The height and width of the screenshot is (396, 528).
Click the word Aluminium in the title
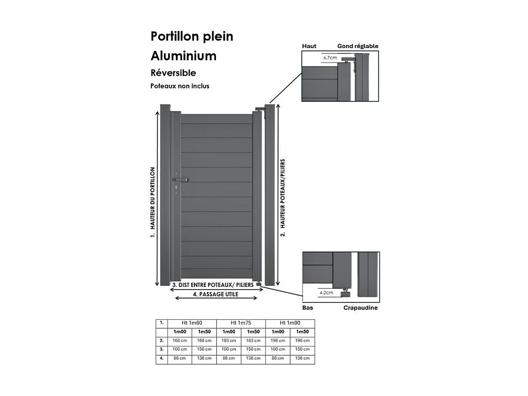click(x=183, y=56)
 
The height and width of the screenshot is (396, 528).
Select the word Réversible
click(x=173, y=73)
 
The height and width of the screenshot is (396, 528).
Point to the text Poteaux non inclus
click(x=180, y=86)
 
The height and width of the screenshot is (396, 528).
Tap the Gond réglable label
click(x=358, y=46)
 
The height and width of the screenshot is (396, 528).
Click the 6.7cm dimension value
click(x=330, y=57)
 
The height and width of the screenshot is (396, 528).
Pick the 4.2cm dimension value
click(x=326, y=293)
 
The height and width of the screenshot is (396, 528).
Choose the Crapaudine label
click(x=361, y=308)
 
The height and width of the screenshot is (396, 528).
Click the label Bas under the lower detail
click(x=308, y=308)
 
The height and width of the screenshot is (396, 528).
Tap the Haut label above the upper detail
click(x=309, y=46)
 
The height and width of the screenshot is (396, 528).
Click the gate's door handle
click(x=181, y=180)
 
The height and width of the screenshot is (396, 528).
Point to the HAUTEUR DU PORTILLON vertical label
click(x=152, y=202)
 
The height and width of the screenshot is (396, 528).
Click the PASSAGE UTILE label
click(x=215, y=294)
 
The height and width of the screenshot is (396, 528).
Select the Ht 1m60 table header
click(x=192, y=323)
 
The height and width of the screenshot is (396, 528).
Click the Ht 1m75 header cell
click(x=241, y=323)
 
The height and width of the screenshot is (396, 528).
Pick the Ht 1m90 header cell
click(x=290, y=323)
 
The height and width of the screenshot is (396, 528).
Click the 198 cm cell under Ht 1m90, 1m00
click(x=278, y=341)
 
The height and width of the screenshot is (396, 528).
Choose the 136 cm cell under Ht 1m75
click(x=253, y=358)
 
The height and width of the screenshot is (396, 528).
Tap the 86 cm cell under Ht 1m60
click(x=180, y=358)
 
